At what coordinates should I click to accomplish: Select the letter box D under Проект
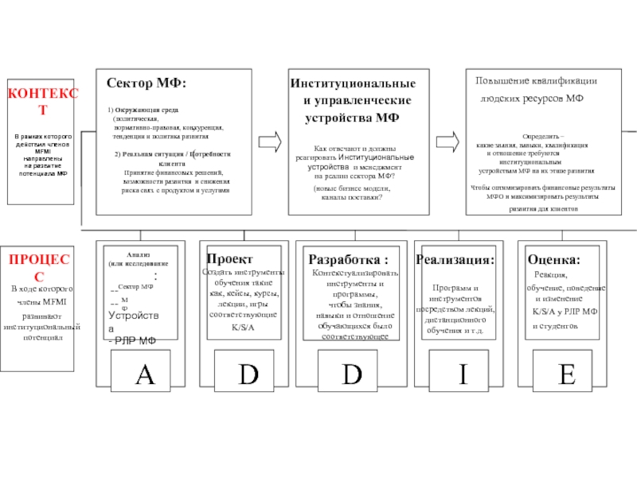248,374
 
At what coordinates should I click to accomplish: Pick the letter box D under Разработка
351,374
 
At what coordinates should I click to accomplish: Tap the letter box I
462,374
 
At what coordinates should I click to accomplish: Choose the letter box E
567,374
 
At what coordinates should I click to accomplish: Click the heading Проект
229,259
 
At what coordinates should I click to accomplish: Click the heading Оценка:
553,260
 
